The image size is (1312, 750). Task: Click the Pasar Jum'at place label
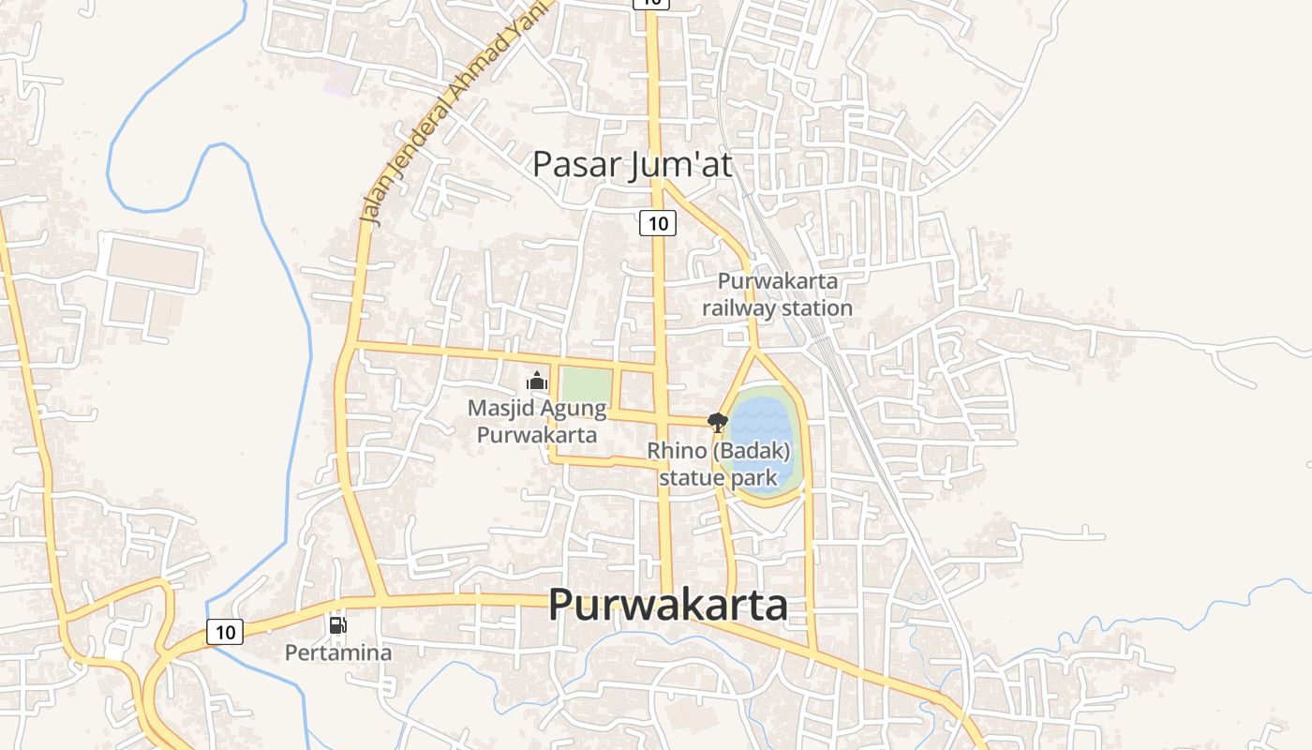(x=632, y=164)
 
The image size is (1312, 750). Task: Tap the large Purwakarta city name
(x=667, y=605)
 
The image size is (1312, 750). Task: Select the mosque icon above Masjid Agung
(x=536, y=381)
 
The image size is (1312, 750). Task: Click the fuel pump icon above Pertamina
(x=337, y=624)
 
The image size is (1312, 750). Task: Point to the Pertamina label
(x=338, y=652)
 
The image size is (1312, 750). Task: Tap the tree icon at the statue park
(x=717, y=422)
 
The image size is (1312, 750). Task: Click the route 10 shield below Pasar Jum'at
(x=658, y=223)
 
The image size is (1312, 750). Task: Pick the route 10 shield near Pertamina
(x=225, y=632)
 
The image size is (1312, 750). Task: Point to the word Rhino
(x=677, y=451)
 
